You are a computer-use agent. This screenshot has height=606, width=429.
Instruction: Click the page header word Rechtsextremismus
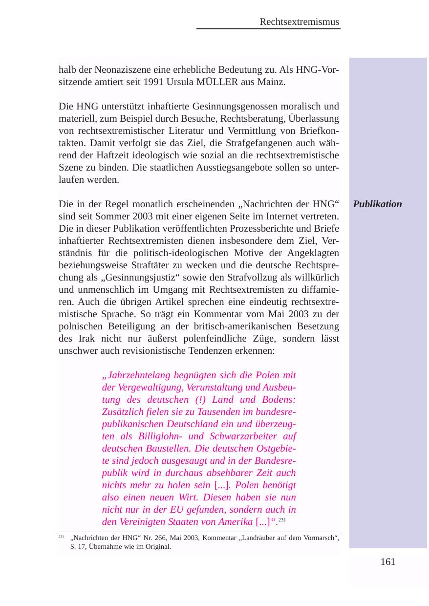[x=299, y=22]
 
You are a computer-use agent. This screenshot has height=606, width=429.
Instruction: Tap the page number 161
[x=387, y=562]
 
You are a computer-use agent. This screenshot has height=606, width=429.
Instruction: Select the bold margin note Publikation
[x=377, y=204]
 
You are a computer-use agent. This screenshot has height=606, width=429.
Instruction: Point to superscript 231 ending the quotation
[x=281, y=519]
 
